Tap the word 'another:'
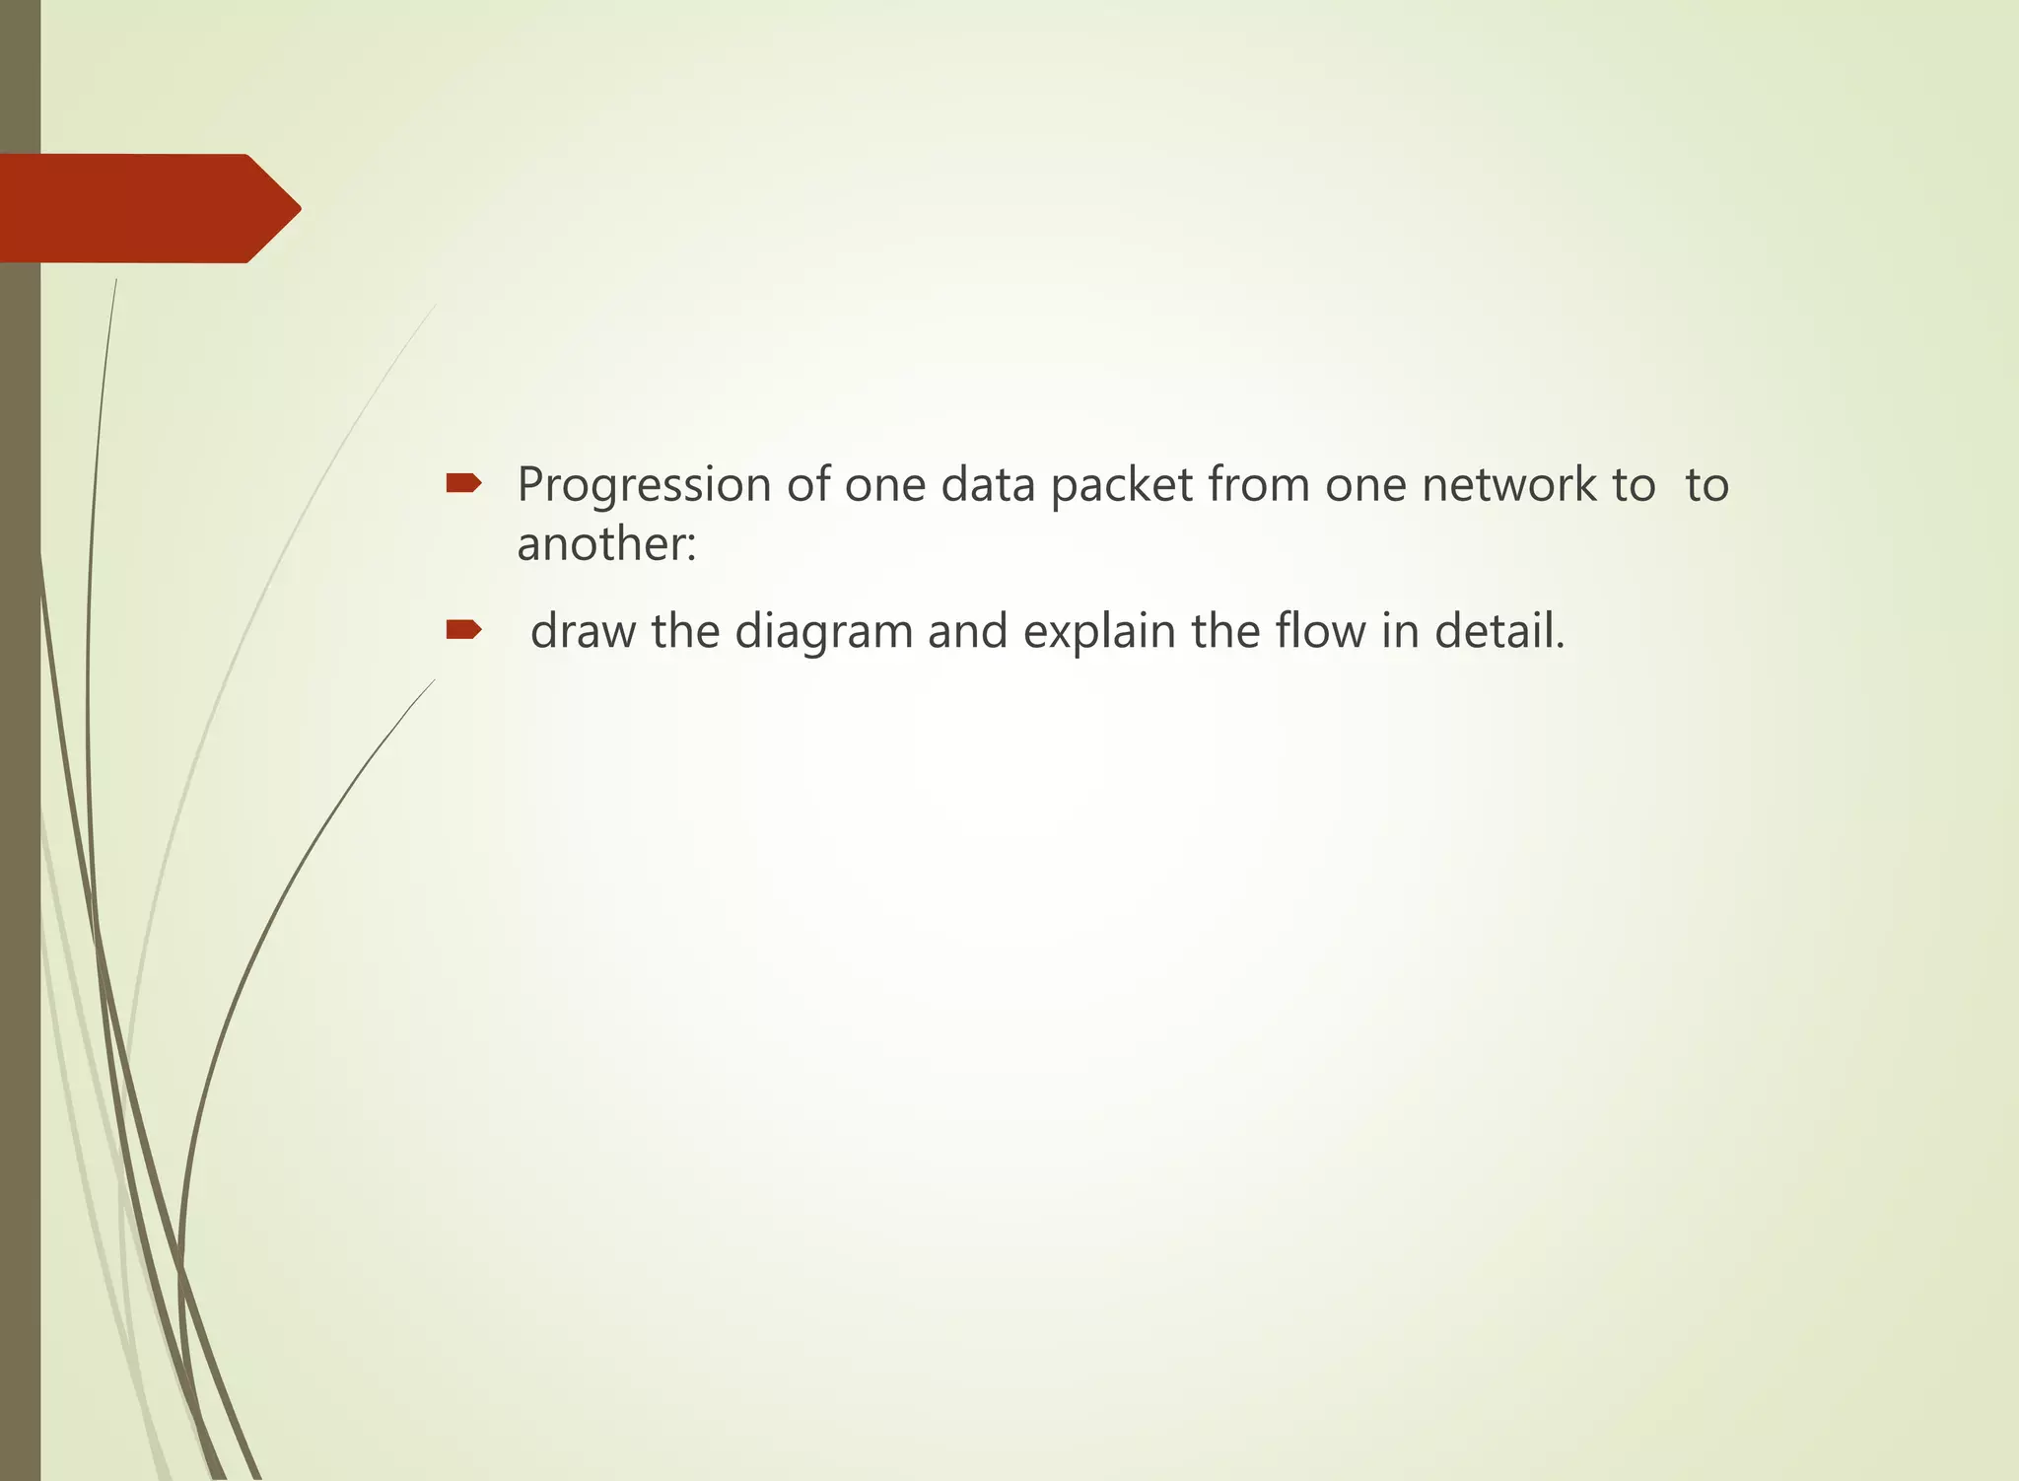click(606, 543)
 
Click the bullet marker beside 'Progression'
click(463, 483)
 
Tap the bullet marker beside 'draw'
click(463, 629)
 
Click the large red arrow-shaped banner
click(148, 208)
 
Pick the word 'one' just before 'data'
click(885, 485)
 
